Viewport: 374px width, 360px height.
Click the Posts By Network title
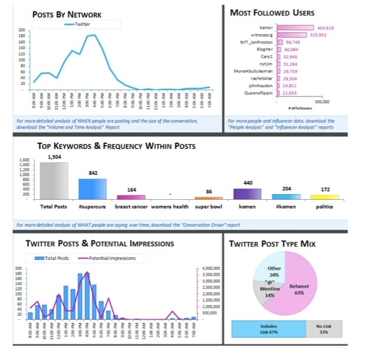coord(67,14)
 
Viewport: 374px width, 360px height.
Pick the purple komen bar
coord(247,193)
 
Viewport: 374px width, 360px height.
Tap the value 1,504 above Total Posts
coord(54,157)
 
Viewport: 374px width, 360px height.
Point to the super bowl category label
coord(208,206)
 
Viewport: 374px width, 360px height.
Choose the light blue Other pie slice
coord(271,268)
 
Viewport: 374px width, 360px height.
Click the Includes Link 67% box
coord(269,328)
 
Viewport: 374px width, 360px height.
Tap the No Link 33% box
coord(323,328)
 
